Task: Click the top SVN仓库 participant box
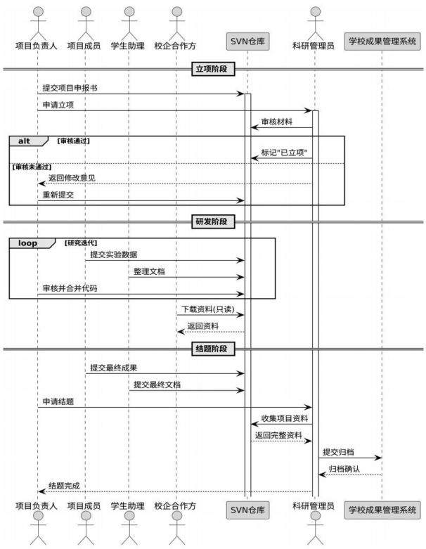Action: pyautogui.click(x=247, y=41)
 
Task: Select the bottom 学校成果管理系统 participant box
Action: pyautogui.click(x=382, y=510)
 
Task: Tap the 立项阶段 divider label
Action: pyautogui.click(x=213, y=69)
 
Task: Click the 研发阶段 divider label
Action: pyautogui.click(x=213, y=221)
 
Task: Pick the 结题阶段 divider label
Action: pyautogui.click(x=213, y=349)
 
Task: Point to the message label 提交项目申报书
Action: pyautogui.click(x=70, y=88)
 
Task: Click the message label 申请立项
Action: pyautogui.click(x=58, y=105)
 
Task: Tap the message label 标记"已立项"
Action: pyautogui.click(x=284, y=153)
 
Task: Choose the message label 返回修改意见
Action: pyautogui.click(x=72, y=178)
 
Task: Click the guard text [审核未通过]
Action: pyautogui.click(x=32, y=167)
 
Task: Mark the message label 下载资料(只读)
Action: pyautogui.click(x=208, y=309)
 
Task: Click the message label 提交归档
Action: pyautogui.click(x=338, y=452)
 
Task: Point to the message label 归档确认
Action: pyautogui.click(x=344, y=469)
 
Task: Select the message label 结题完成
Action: pyautogui.click(x=64, y=486)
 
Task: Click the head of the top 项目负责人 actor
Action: pyautogui.click(x=38, y=11)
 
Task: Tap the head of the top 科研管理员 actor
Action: pyautogui.click(x=316, y=11)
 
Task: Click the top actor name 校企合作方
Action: pyautogui.click(x=175, y=46)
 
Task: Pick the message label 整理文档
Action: pyautogui.click(x=149, y=271)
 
